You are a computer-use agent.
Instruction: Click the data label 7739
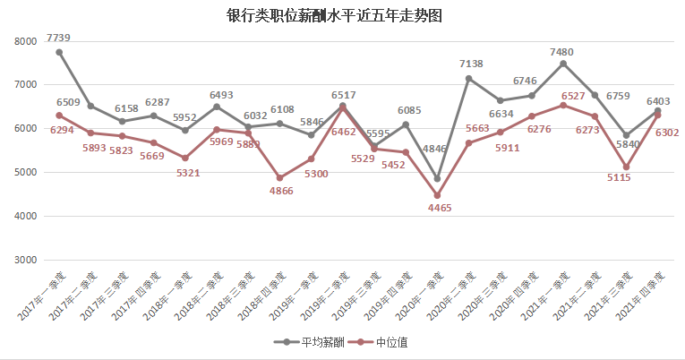coord(59,38)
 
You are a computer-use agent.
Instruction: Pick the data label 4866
coord(278,191)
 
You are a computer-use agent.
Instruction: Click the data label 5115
coord(625,178)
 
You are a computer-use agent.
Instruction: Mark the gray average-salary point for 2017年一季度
coord(59,52)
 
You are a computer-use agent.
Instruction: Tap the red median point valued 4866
coord(279,177)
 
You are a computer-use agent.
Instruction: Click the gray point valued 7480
coord(562,64)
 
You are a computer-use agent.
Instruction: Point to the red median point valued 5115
coord(625,167)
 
